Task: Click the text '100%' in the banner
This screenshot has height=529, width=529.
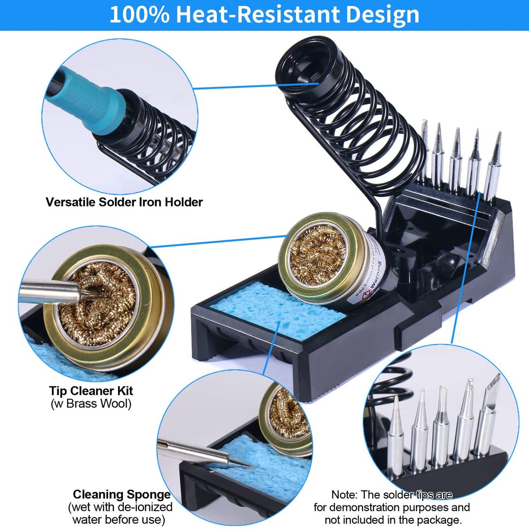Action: click(x=139, y=14)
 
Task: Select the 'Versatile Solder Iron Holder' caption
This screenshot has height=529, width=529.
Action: click(x=124, y=202)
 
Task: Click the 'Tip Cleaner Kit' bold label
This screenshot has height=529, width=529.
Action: click(x=91, y=391)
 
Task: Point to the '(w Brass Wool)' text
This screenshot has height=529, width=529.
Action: click(x=91, y=404)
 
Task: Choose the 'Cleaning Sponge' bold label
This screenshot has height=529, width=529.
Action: click(x=122, y=495)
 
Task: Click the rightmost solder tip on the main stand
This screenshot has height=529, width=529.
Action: click(x=494, y=166)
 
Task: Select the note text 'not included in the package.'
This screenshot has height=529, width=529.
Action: click(x=393, y=520)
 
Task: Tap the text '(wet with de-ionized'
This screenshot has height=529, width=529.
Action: click(x=120, y=507)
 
